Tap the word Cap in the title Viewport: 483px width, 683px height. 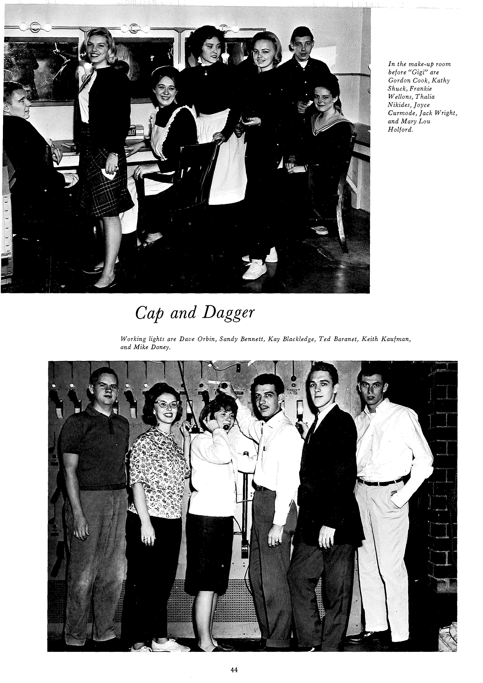(148, 313)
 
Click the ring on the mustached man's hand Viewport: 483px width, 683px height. (277, 542)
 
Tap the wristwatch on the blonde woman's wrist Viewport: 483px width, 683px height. (114, 154)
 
